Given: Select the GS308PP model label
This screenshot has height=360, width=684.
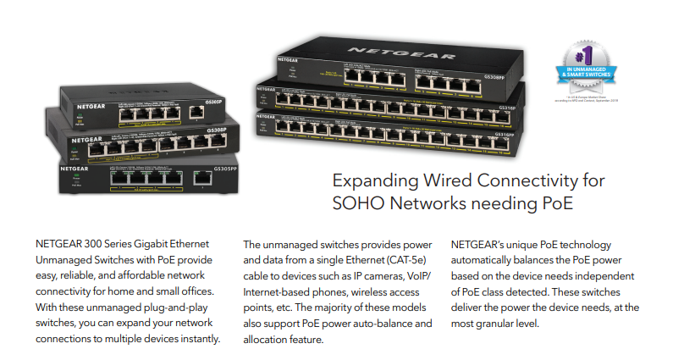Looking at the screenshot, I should pyautogui.click(x=505, y=76).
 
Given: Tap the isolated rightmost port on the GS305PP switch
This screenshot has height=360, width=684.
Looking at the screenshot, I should pyautogui.click(x=202, y=178).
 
